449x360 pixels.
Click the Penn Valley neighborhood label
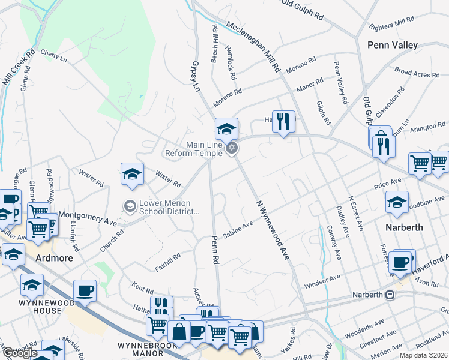tap(392, 45)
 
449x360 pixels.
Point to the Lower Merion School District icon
tap(130, 206)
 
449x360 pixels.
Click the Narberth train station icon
tap(390, 295)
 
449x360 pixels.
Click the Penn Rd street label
tap(214, 250)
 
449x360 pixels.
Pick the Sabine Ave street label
tap(238, 229)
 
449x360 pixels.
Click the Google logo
tap(20, 353)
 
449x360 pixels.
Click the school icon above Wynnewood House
tap(32, 285)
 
